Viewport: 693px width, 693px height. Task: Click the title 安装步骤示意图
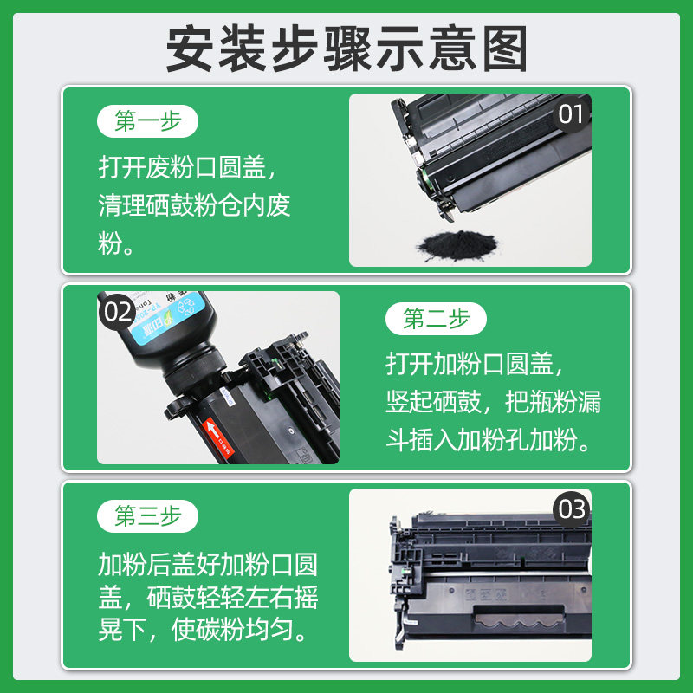click(346, 49)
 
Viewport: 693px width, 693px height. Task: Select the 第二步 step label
click(437, 319)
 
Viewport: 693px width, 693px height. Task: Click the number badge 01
click(572, 113)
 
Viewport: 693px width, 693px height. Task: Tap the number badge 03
click(572, 508)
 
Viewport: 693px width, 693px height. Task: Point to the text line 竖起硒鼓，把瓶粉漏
click(493, 403)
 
